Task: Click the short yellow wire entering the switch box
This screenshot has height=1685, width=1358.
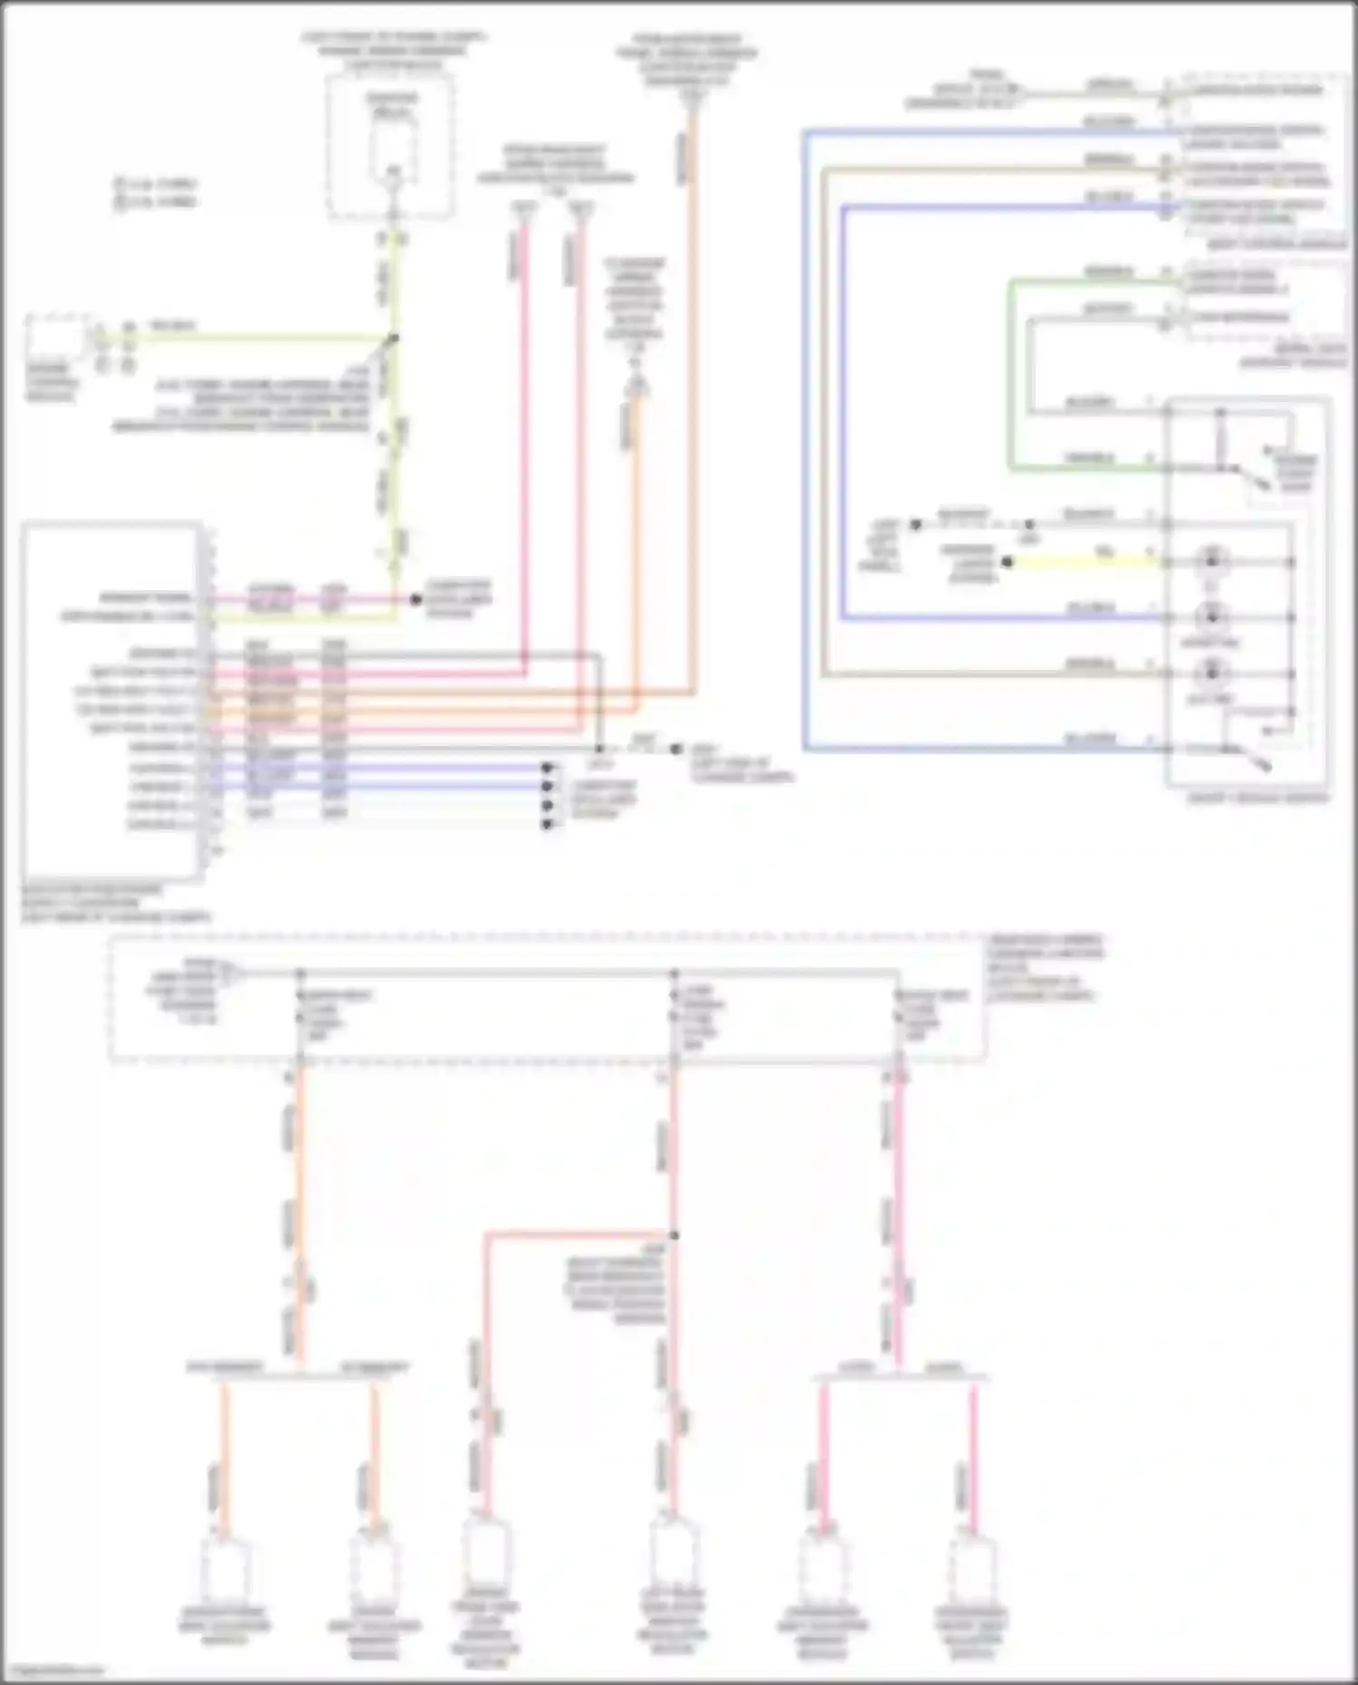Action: coord(1086,562)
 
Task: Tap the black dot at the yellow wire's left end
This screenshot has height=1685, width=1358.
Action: coord(1007,562)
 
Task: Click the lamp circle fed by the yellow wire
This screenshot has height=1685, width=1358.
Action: coord(1211,561)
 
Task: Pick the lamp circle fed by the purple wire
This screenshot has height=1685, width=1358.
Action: coord(1211,618)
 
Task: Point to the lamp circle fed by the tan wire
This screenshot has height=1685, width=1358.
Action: coord(1211,674)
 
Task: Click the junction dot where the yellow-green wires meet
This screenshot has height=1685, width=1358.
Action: coord(393,339)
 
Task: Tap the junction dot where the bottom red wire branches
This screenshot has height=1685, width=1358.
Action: coord(674,1235)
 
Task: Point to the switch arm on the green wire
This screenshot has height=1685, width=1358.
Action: coord(1253,478)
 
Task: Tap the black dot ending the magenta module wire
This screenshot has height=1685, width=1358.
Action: coord(416,599)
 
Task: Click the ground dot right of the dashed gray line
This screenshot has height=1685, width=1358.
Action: coord(675,749)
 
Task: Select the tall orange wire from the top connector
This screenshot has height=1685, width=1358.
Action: coord(693,407)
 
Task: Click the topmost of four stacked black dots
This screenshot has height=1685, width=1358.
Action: coord(547,768)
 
